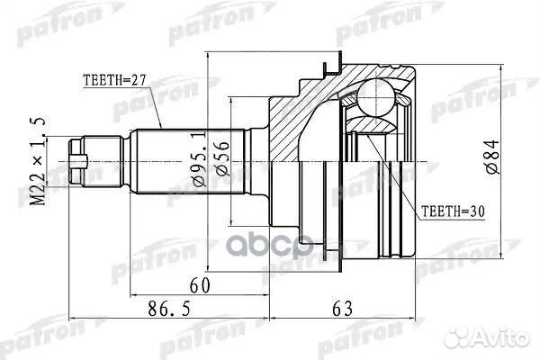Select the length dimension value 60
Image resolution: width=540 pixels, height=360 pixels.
[200, 285]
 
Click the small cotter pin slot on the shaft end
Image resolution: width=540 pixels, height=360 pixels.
[80, 162]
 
